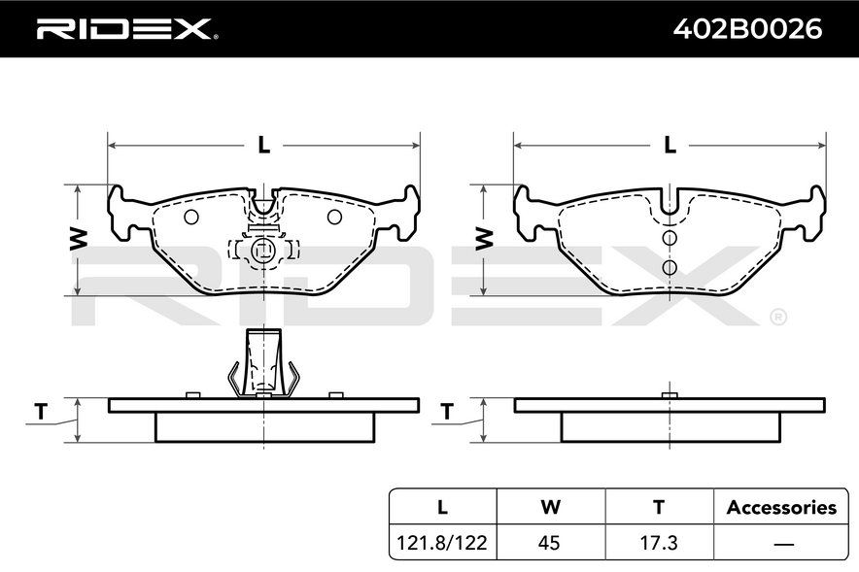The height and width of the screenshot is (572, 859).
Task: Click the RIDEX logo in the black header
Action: click(x=127, y=29)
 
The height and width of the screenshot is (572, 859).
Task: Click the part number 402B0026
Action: click(x=747, y=29)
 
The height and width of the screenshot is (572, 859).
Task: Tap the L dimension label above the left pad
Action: click(x=264, y=145)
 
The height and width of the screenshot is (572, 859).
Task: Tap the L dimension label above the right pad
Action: click(x=670, y=145)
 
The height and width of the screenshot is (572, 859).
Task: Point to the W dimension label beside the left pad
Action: click(x=79, y=239)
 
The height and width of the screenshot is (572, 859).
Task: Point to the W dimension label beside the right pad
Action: click(x=484, y=239)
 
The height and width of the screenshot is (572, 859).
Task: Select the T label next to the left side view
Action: click(x=41, y=411)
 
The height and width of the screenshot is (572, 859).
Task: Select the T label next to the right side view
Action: click(x=447, y=411)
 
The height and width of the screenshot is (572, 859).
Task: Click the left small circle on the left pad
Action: click(x=191, y=218)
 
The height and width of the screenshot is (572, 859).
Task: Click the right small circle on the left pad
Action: click(x=334, y=218)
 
